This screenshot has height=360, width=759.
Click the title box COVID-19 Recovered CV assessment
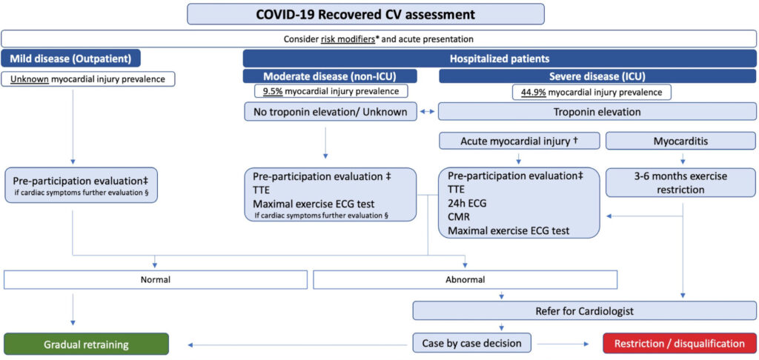(365, 13)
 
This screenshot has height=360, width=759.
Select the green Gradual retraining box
(86, 344)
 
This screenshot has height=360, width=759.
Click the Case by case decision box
(471, 344)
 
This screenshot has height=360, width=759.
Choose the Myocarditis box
(682, 141)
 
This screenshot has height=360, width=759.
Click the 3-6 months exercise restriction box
(682, 183)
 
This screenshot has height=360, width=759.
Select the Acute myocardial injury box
(519, 141)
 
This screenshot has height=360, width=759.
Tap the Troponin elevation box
(598, 112)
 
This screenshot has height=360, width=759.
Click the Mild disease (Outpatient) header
(71, 58)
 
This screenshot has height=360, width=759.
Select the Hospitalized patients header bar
(500, 58)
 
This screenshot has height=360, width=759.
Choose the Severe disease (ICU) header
(597, 76)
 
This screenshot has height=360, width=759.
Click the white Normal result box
(156, 279)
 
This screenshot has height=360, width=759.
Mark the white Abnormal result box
(465, 279)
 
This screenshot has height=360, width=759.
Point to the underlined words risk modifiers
(348, 39)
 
